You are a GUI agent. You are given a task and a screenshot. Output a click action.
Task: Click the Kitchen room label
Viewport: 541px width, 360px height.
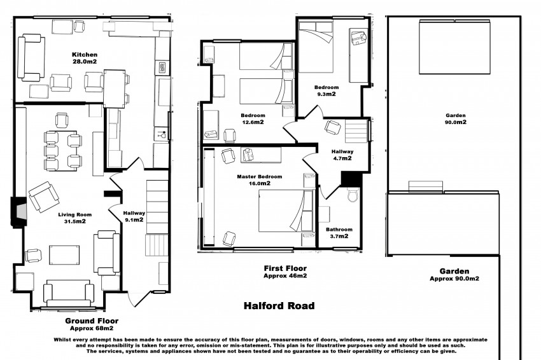[83, 54]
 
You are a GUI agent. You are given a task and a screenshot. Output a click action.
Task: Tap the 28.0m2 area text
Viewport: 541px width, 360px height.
[83, 62]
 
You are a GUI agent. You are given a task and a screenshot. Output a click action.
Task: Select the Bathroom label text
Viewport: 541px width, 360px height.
[339, 229]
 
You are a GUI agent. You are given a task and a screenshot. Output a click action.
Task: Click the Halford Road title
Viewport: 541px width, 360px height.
[279, 306]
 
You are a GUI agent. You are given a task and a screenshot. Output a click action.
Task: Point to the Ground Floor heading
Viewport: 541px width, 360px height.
[91, 321]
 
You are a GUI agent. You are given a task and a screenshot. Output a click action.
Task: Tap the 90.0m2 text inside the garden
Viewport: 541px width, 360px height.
[454, 122]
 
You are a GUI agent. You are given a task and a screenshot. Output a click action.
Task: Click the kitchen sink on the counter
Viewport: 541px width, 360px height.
[160, 66]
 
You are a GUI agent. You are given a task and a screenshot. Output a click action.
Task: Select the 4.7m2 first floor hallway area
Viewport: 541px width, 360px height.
[342, 158]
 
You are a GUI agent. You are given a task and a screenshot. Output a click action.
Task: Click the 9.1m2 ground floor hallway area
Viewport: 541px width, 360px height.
[134, 220]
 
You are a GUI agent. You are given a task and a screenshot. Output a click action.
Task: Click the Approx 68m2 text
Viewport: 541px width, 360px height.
[91, 328]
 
